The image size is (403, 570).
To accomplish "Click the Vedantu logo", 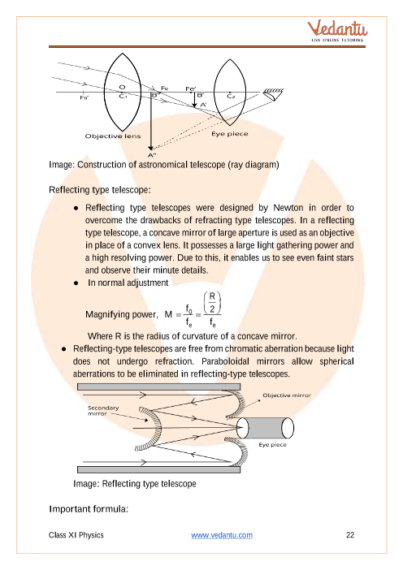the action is [337, 32].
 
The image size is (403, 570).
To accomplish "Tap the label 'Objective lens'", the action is [113, 136].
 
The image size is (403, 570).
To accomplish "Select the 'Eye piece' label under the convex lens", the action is [230, 134].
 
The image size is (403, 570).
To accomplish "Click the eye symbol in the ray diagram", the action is [273, 94].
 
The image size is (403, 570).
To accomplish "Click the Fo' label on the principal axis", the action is [84, 97].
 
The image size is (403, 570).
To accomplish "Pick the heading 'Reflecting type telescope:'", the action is [100, 190].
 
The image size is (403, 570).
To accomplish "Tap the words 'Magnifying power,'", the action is [122, 314].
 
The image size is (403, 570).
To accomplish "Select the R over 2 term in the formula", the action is [212, 303].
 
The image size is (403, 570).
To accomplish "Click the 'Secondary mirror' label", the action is [103, 411].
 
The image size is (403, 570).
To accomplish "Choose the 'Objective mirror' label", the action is [287, 395].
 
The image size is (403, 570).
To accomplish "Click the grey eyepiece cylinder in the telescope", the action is [265, 428].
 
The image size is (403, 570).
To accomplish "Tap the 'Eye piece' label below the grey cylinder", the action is [272, 445].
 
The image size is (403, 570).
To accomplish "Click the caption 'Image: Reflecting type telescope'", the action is [135, 484].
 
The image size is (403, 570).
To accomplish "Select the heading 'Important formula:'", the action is [89, 509].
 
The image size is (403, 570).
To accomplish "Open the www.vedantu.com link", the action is [222, 535].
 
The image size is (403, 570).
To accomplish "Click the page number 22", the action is [350, 535].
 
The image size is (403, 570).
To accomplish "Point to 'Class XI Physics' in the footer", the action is [76, 535].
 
